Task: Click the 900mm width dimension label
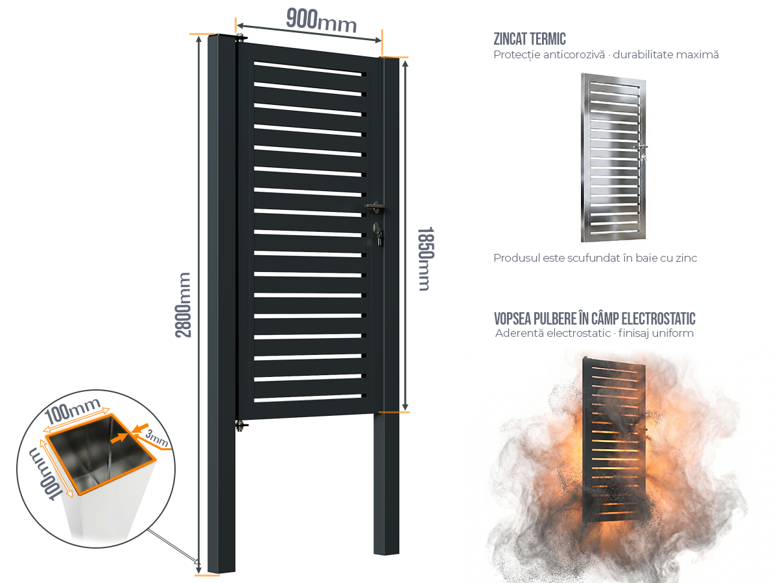(321, 21)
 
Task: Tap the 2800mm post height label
(183, 304)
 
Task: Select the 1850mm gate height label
(425, 258)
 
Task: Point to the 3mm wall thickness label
(157, 437)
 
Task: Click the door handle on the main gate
(375, 207)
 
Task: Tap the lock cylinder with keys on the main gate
(377, 234)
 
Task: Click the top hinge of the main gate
(241, 37)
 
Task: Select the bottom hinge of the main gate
(241, 425)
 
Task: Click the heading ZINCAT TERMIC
(530, 39)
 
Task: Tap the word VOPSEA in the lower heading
(513, 319)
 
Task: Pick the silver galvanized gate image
(614, 157)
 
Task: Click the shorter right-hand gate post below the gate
(386, 483)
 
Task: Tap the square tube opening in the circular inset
(102, 455)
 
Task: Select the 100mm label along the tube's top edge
(73, 410)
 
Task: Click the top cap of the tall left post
(221, 36)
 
